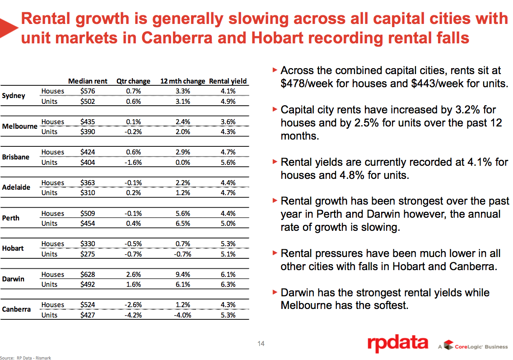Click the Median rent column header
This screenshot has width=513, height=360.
click(x=88, y=81)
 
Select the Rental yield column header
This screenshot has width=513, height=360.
click(x=228, y=81)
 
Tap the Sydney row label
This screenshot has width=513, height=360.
click(x=14, y=96)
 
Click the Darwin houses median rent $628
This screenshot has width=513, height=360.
click(x=88, y=274)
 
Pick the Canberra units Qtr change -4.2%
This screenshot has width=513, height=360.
click(x=133, y=315)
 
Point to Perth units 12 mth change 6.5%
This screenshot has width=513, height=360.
click(x=182, y=223)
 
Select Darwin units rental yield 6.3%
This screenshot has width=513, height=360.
click(x=228, y=284)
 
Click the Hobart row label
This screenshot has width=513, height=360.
click(x=13, y=248)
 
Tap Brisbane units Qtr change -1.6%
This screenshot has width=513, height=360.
click(x=133, y=162)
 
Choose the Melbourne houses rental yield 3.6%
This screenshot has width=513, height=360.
click(x=228, y=122)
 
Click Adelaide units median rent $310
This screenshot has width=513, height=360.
click(x=88, y=193)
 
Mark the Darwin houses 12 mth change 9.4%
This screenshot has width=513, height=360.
click(x=182, y=274)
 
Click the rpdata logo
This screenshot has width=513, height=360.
click(x=397, y=344)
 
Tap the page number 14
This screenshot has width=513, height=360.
click(x=261, y=344)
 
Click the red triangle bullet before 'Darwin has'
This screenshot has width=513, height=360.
click(x=275, y=292)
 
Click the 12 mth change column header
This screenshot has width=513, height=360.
click(x=182, y=81)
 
